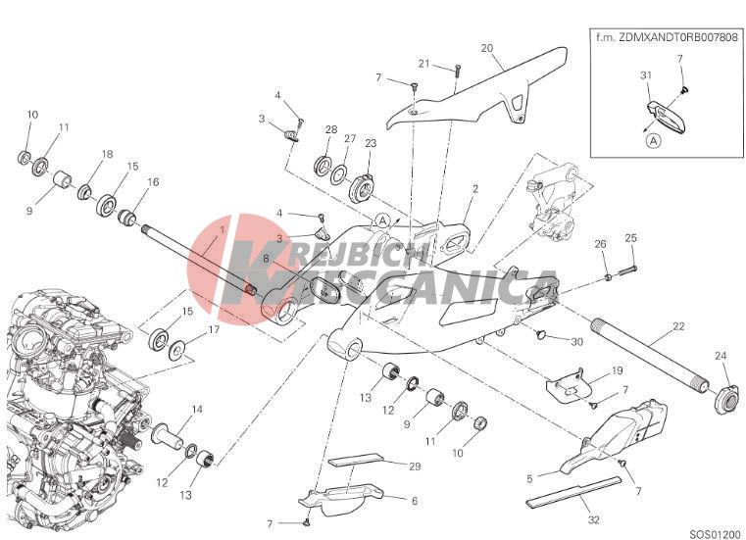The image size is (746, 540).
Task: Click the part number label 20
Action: click(x=486, y=48)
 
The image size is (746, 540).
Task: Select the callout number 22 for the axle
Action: click(x=678, y=326)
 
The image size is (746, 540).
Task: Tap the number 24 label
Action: click(x=721, y=356)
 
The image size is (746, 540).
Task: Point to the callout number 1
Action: click(x=222, y=230)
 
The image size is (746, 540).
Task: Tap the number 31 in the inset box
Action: click(x=646, y=75)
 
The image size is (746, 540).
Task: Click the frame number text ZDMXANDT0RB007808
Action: click(x=680, y=37)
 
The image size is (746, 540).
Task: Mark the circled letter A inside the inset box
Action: click(x=655, y=141)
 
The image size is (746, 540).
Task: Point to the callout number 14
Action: click(x=197, y=409)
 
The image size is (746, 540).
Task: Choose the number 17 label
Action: click(x=214, y=329)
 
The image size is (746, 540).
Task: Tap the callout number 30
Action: click(x=576, y=342)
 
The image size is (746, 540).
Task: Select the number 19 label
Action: click(x=617, y=370)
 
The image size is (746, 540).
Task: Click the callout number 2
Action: click(x=475, y=189)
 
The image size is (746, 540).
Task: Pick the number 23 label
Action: click(x=371, y=143)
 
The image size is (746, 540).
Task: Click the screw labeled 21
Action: click(x=458, y=71)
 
